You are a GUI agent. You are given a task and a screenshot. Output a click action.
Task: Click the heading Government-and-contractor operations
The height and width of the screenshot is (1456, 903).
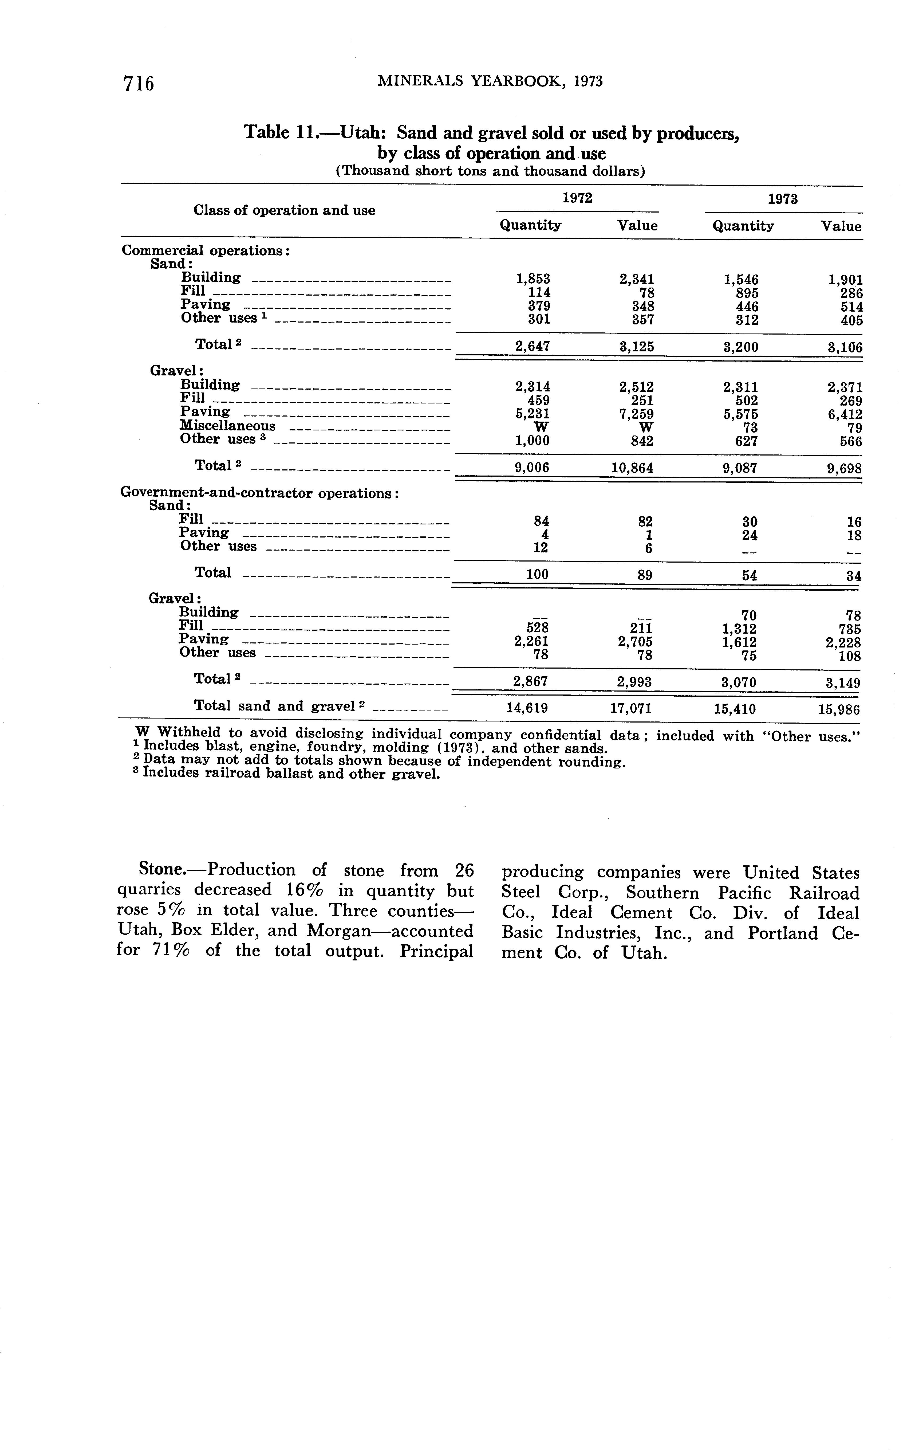point(259,493)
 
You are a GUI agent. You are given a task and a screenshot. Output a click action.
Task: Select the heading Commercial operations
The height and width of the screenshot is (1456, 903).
point(206,250)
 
